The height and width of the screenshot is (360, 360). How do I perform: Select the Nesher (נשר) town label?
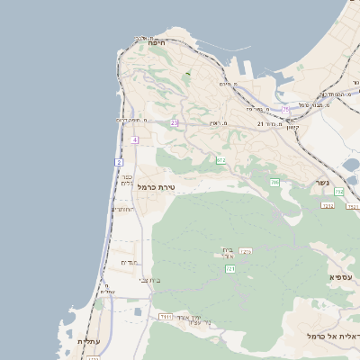(322, 183)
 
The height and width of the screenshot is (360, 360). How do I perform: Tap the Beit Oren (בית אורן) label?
(227, 252)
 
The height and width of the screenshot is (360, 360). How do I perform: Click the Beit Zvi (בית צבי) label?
(150, 281)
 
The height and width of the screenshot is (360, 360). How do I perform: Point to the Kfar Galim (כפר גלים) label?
(127, 179)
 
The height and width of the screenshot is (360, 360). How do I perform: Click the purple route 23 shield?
(174, 122)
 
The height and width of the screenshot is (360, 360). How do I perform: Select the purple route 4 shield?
(134, 139)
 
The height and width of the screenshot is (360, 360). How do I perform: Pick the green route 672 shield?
(220, 160)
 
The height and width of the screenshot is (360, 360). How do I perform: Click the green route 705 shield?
(274, 183)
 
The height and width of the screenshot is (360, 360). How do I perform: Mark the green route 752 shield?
(339, 192)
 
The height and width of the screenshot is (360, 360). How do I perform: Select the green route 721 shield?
(230, 268)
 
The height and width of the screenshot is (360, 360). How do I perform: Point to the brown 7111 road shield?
(166, 317)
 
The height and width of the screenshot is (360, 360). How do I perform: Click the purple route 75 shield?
(285, 109)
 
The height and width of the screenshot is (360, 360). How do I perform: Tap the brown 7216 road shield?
(246, 252)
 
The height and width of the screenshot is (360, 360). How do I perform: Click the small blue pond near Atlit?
(137, 311)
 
